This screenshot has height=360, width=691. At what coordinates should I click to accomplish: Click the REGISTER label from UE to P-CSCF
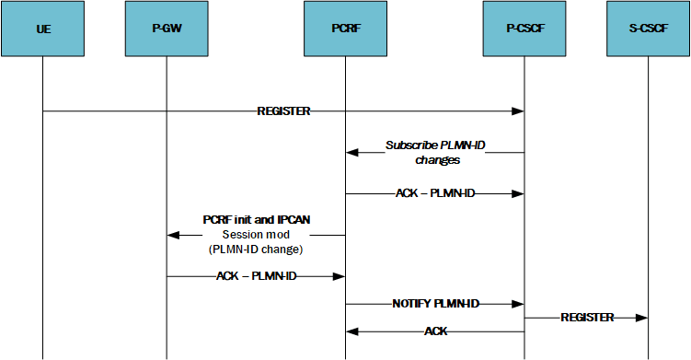[x=283, y=111]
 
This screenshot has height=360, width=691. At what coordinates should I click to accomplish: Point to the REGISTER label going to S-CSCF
[x=587, y=317]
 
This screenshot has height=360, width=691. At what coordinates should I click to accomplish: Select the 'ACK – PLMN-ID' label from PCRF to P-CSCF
[x=434, y=194]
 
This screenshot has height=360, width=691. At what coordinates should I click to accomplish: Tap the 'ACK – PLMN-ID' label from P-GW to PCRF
[x=256, y=276]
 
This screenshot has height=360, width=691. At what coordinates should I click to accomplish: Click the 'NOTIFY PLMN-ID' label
[x=434, y=303]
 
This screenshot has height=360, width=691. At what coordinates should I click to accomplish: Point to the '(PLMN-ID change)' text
[x=256, y=250]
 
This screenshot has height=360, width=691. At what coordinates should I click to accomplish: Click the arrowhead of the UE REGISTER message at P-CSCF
[x=518, y=112]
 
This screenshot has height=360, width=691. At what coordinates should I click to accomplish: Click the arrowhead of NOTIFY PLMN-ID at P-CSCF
[x=518, y=304]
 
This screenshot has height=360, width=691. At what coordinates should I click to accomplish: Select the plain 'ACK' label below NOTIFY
[x=435, y=331]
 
